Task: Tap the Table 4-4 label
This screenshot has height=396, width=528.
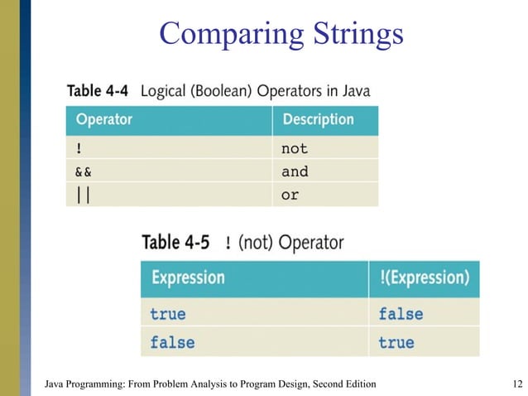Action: [x=97, y=90]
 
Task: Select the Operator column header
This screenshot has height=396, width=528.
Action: [x=104, y=120]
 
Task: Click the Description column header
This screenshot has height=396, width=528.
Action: [x=318, y=120]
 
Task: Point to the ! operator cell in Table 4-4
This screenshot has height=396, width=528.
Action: [x=79, y=149]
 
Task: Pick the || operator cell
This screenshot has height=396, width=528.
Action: [x=82, y=196]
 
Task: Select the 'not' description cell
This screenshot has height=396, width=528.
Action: [x=295, y=149]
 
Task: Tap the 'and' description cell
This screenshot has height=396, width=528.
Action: [x=295, y=171]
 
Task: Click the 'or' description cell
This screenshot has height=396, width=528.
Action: [x=290, y=196]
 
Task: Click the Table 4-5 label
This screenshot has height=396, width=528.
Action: [x=178, y=243]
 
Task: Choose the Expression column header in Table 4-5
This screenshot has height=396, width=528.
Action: [x=188, y=278]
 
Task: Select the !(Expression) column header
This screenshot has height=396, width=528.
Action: [x=424, y=278]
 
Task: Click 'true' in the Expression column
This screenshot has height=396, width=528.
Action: [x=168, y=314]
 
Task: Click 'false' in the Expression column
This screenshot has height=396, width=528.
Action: [x=172, y=341]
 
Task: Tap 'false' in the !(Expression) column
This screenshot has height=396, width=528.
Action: [x=401, y=314]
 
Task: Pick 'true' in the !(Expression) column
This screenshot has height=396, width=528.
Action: [x=396, y=341]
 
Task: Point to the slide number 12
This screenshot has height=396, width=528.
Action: [x=519, y=384]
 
